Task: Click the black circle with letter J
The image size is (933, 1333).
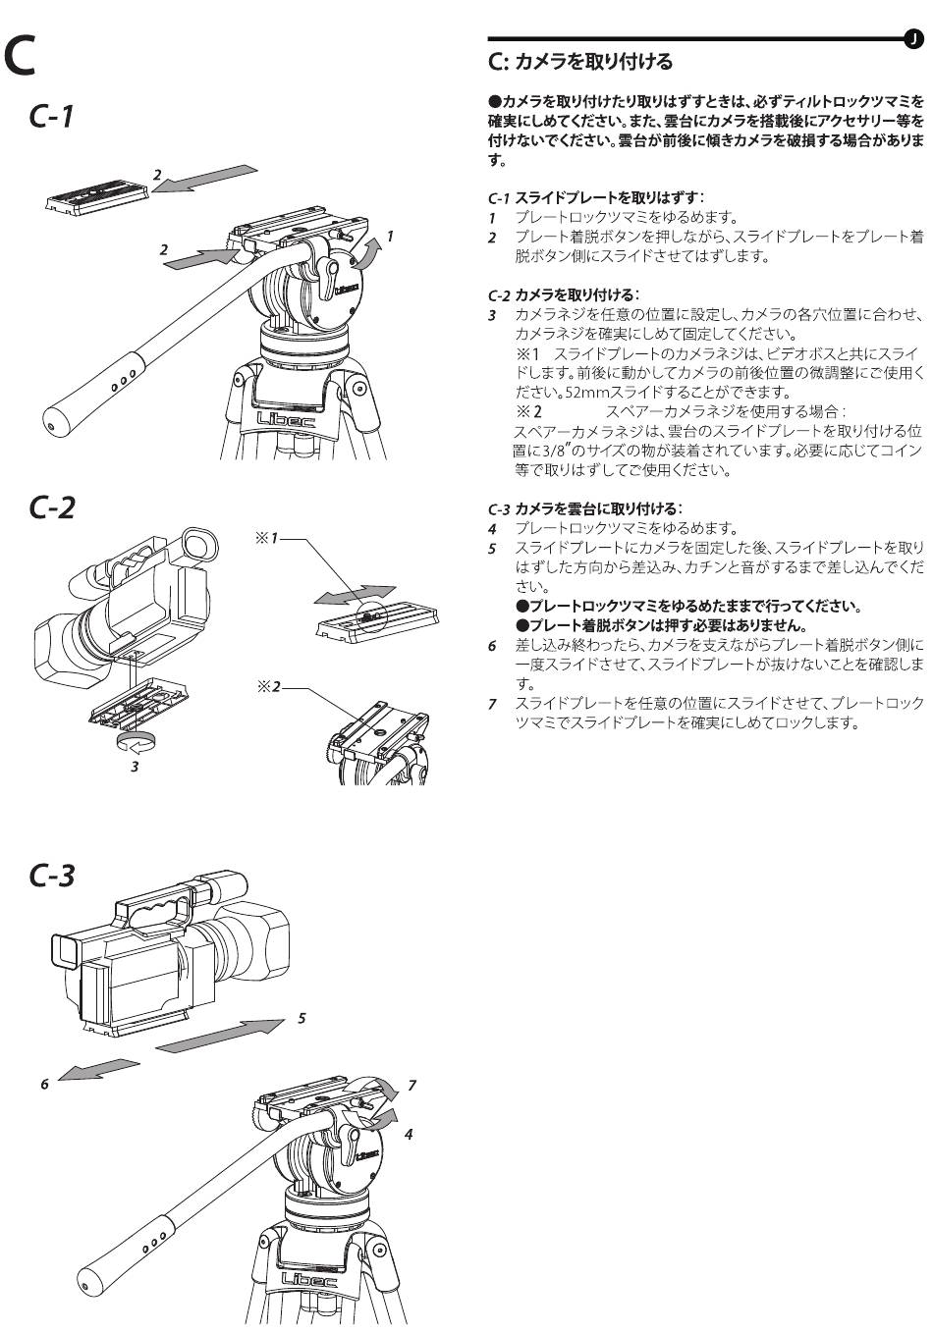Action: pos(913,38)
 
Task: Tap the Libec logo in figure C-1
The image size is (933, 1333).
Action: pos(285,418)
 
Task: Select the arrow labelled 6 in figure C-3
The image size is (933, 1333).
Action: pos(98,1070)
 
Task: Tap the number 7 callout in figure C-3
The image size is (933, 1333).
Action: pos(412,1086)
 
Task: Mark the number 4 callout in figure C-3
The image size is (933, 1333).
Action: pos(409,1135)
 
